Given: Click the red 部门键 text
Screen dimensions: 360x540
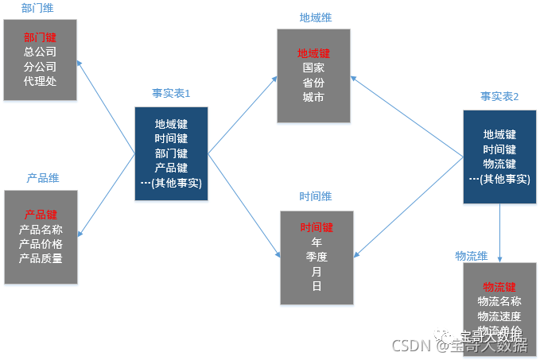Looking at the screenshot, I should click(x=40, y=37).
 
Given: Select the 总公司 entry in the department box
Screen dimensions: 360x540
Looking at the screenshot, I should click(x=40, y=52).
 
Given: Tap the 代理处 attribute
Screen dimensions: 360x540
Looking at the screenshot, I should click(x=40, y=80).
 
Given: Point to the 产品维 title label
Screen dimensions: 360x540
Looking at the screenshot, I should click(x=43, y=178).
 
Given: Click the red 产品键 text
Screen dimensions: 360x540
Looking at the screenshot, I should click(x=41, y=215).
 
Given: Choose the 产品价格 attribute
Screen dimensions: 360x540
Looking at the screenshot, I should click(x=41, y=244).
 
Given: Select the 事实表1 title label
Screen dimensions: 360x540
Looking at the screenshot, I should click(x=171, y=94).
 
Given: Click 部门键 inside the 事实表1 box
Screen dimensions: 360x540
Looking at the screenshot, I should click(x=171, y=153).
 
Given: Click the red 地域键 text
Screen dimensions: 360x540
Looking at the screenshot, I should click(x=313, y=53).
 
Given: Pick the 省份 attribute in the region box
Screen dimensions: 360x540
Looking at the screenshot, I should click(x=313, y=83).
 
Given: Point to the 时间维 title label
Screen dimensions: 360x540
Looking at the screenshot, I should click(x=316, y=196).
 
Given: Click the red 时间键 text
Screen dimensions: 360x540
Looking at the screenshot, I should click(x=316, y=227).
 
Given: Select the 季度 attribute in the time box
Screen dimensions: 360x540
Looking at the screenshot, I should click(x=316, y=257).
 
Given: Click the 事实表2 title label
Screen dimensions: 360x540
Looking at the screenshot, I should click(x=499, y=96).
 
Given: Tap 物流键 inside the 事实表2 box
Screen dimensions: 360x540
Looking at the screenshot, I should click(x=499, y=164).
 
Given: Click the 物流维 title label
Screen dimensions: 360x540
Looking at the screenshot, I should click(x=471, y=255).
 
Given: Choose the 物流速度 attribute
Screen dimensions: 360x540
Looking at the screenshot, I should click(x=499, y=315).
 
